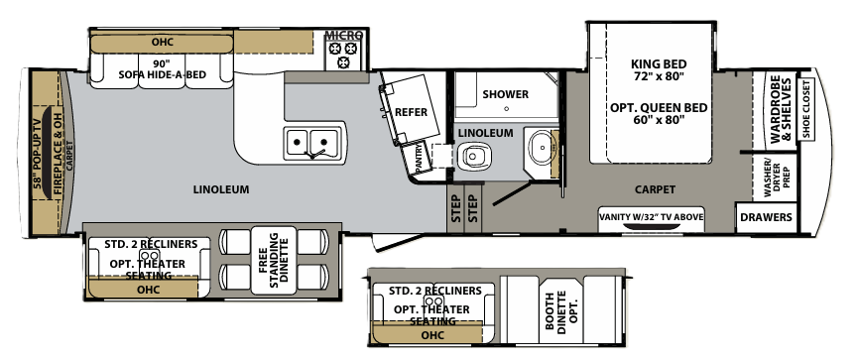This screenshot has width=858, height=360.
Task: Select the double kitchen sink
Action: (311, 143)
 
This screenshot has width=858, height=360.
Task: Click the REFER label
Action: (411, 112)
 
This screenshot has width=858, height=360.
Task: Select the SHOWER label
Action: (505, 94)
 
